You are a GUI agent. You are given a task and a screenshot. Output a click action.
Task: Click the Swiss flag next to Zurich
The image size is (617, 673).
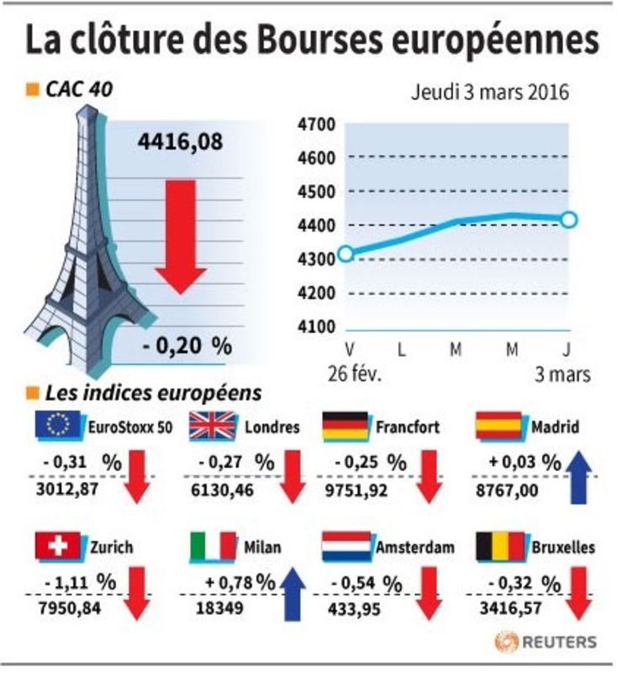(x=58, y=546)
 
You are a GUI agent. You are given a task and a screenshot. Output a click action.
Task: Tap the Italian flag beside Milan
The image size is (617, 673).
(x=214, y=546)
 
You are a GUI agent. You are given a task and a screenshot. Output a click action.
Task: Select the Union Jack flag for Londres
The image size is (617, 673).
(x=214, y=426)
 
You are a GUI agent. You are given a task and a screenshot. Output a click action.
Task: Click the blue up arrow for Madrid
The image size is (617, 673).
(x=578, y=477)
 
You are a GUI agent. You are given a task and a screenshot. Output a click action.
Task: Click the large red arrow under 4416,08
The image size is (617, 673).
(x=181, y=237)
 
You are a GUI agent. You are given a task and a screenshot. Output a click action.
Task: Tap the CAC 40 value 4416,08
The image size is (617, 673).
(x=180, y=141)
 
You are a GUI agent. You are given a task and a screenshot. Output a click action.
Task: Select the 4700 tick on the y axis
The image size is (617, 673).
(x=317, y=125)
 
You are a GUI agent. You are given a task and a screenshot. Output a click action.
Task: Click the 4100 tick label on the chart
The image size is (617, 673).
(x=317, y=327)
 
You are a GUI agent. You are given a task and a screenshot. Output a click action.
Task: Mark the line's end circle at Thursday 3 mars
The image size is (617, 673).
(x=568, y=220)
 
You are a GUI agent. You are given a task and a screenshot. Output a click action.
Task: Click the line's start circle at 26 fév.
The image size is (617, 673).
(x=345, y=254)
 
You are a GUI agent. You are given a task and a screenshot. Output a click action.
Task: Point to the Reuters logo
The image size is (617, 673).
(x=546, y=642)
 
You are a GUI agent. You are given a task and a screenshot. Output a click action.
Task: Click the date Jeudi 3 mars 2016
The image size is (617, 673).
(x=490, y=93)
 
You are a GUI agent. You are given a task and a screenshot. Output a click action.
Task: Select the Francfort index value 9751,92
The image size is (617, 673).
(x=356, y=490)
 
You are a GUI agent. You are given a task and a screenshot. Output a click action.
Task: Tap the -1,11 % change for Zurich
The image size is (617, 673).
(x=80, y=582)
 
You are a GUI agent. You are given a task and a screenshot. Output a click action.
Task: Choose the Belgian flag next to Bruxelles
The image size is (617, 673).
(x=501, y=546)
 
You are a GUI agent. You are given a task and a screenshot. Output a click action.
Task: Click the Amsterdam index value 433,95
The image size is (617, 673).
(x=354, y=609)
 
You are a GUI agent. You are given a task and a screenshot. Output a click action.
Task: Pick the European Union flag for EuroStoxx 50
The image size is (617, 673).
(x=59, y=426)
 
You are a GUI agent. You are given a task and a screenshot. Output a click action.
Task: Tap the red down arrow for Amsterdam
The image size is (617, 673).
(x=429, y=594)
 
